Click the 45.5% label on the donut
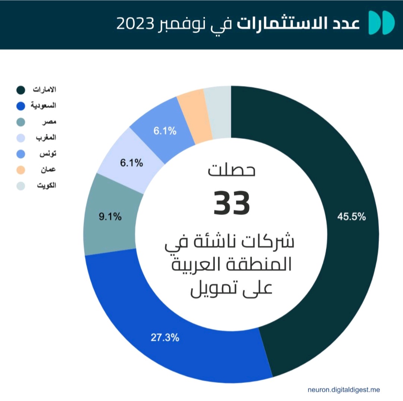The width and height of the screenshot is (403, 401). click(351, 217)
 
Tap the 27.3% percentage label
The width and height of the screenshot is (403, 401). click(165, 338)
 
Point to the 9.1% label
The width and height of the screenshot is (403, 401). click(110, 217)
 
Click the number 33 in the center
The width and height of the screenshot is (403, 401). click(231, 203)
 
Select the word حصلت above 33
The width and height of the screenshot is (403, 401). click(231, 171)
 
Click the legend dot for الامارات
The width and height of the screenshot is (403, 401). click(21, 90)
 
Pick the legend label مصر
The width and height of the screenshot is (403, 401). click(49, 122)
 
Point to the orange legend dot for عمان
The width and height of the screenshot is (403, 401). click(21, 170)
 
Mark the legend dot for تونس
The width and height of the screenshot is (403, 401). click(21, 154)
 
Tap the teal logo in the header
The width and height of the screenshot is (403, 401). click(381, 23)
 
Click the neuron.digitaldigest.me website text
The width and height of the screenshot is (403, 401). click(344, 390)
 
